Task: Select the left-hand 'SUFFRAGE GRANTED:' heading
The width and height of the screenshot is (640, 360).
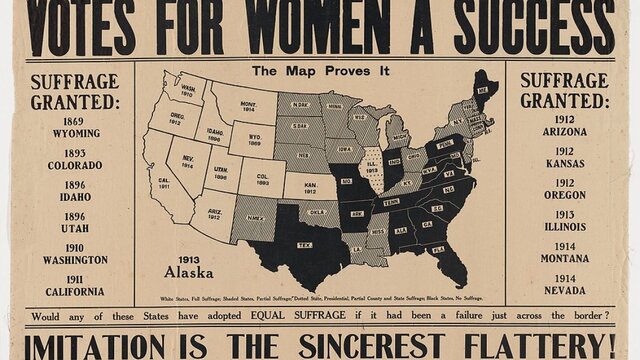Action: point(74,91)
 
